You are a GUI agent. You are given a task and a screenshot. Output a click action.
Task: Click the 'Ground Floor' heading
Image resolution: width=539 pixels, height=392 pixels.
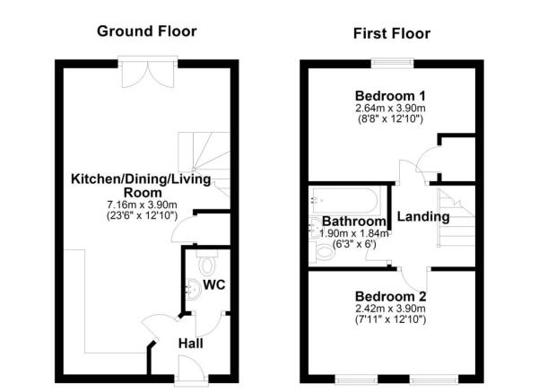147,31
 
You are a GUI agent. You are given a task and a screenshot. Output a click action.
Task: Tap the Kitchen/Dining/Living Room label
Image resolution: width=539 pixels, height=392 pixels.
142,186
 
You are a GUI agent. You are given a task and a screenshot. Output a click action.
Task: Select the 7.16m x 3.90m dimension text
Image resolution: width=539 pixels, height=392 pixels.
142,205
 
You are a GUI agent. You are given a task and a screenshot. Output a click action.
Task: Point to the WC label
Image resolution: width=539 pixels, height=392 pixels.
213,285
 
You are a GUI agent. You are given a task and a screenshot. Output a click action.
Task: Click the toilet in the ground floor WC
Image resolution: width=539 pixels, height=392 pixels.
205,264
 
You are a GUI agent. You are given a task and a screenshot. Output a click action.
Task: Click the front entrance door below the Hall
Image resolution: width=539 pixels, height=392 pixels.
189,368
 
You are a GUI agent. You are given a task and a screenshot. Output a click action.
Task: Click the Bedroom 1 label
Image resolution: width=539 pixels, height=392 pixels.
390,96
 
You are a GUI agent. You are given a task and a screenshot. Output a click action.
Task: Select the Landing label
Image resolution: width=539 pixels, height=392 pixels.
422,217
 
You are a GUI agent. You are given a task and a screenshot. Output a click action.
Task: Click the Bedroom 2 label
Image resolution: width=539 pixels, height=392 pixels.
390,297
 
